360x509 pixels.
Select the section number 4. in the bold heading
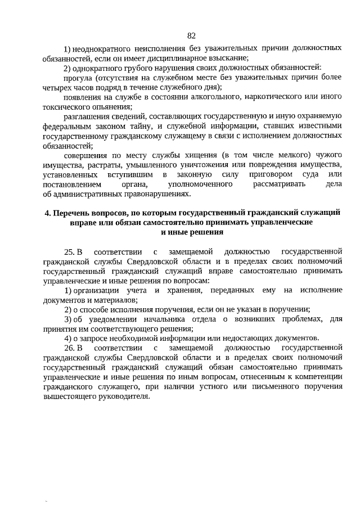click(47, 212)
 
